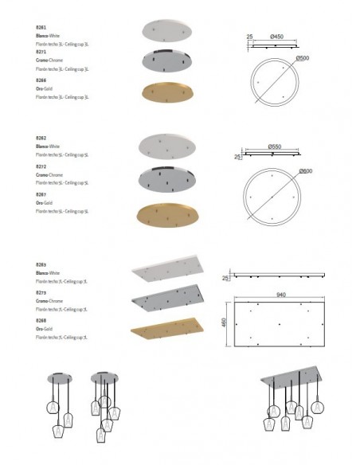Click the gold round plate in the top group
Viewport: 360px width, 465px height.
(x=166, y=92)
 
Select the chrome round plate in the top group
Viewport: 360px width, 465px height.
(x=166, y=60)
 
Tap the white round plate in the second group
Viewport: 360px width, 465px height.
(x=166, y=145)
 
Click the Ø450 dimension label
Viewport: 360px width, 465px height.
(x=276, y=37)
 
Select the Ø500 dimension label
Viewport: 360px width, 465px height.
(x=302, y=58)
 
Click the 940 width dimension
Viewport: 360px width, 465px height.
(x=281, y=293)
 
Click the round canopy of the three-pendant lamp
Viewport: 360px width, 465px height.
(x=58, y=377)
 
